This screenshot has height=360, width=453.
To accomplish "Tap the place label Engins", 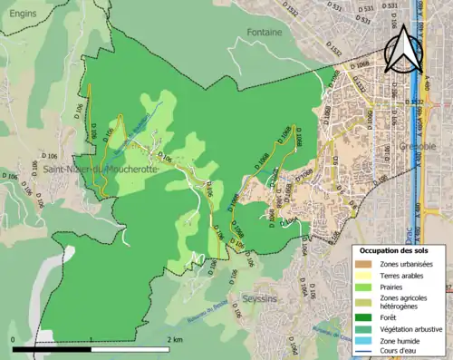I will pos(18,15).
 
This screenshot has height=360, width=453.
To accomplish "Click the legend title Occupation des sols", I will pos(395,250).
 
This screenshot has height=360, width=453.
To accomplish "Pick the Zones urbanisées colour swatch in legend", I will pos(363,264).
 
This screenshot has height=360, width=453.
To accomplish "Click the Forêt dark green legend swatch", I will pos(363,316).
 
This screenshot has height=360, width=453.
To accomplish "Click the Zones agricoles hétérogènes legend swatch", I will pos(363,302).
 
